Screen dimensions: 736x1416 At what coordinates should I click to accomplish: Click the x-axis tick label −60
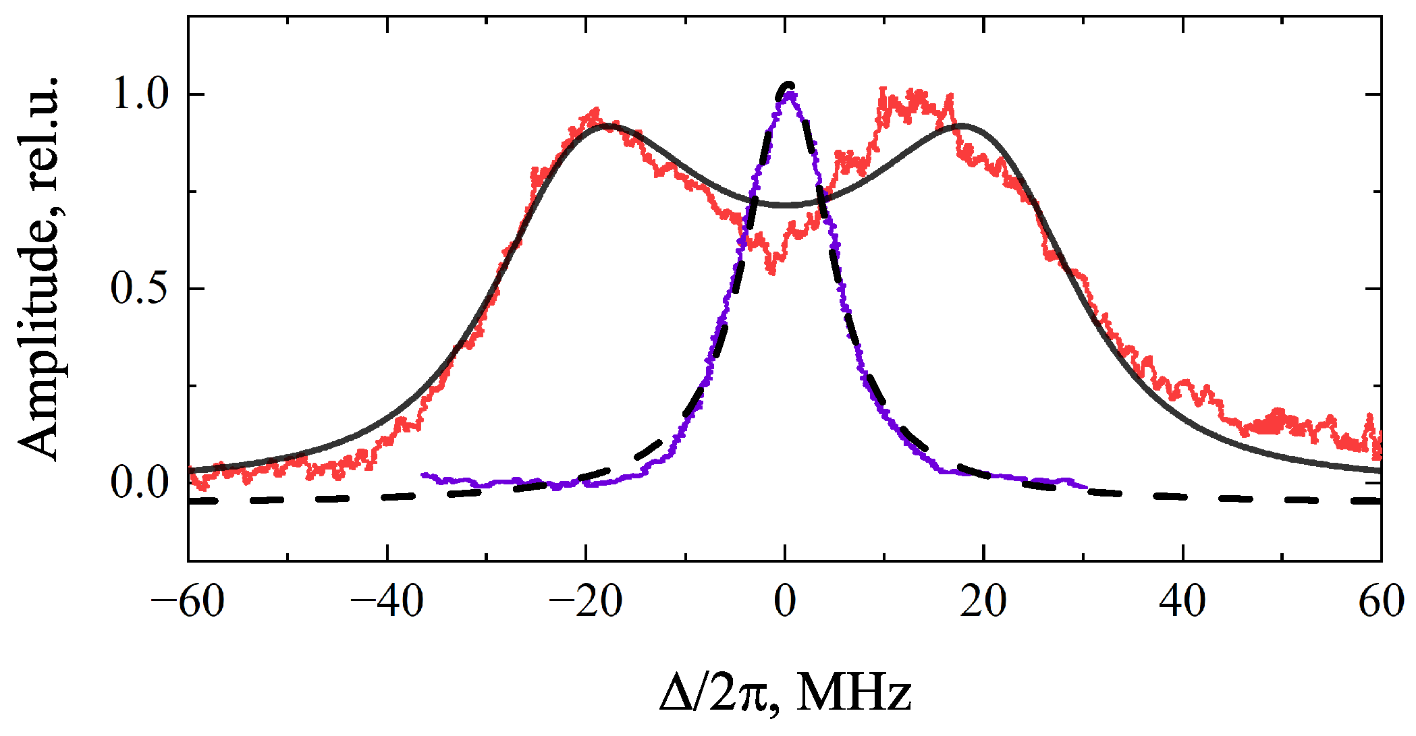(188, 601)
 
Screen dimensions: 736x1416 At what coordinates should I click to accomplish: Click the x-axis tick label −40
(387, 601)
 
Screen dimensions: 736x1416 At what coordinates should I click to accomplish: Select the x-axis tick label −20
(585, 601)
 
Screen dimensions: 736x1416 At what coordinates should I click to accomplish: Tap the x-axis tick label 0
(785, 601)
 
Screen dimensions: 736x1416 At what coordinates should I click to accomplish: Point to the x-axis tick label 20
(983, 601)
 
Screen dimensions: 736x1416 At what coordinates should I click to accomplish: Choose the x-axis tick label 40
(1182, 601)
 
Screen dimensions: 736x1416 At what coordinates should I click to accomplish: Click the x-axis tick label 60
(1381, 601)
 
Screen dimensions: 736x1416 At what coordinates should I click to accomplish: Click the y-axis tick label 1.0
(140, 94)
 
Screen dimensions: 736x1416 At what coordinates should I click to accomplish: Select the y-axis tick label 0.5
(140, 289)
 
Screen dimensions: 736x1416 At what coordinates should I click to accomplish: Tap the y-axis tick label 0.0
(140, 482)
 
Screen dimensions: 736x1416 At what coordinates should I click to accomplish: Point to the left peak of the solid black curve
(608, 125)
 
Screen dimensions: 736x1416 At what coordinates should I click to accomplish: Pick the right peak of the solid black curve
(961, 125)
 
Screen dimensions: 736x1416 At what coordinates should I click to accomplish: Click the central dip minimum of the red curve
(772, 270)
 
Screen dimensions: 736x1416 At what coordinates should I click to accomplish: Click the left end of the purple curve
(423, 475)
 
